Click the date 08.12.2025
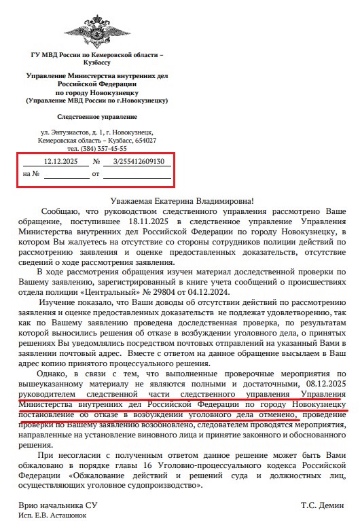coord(325,384)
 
